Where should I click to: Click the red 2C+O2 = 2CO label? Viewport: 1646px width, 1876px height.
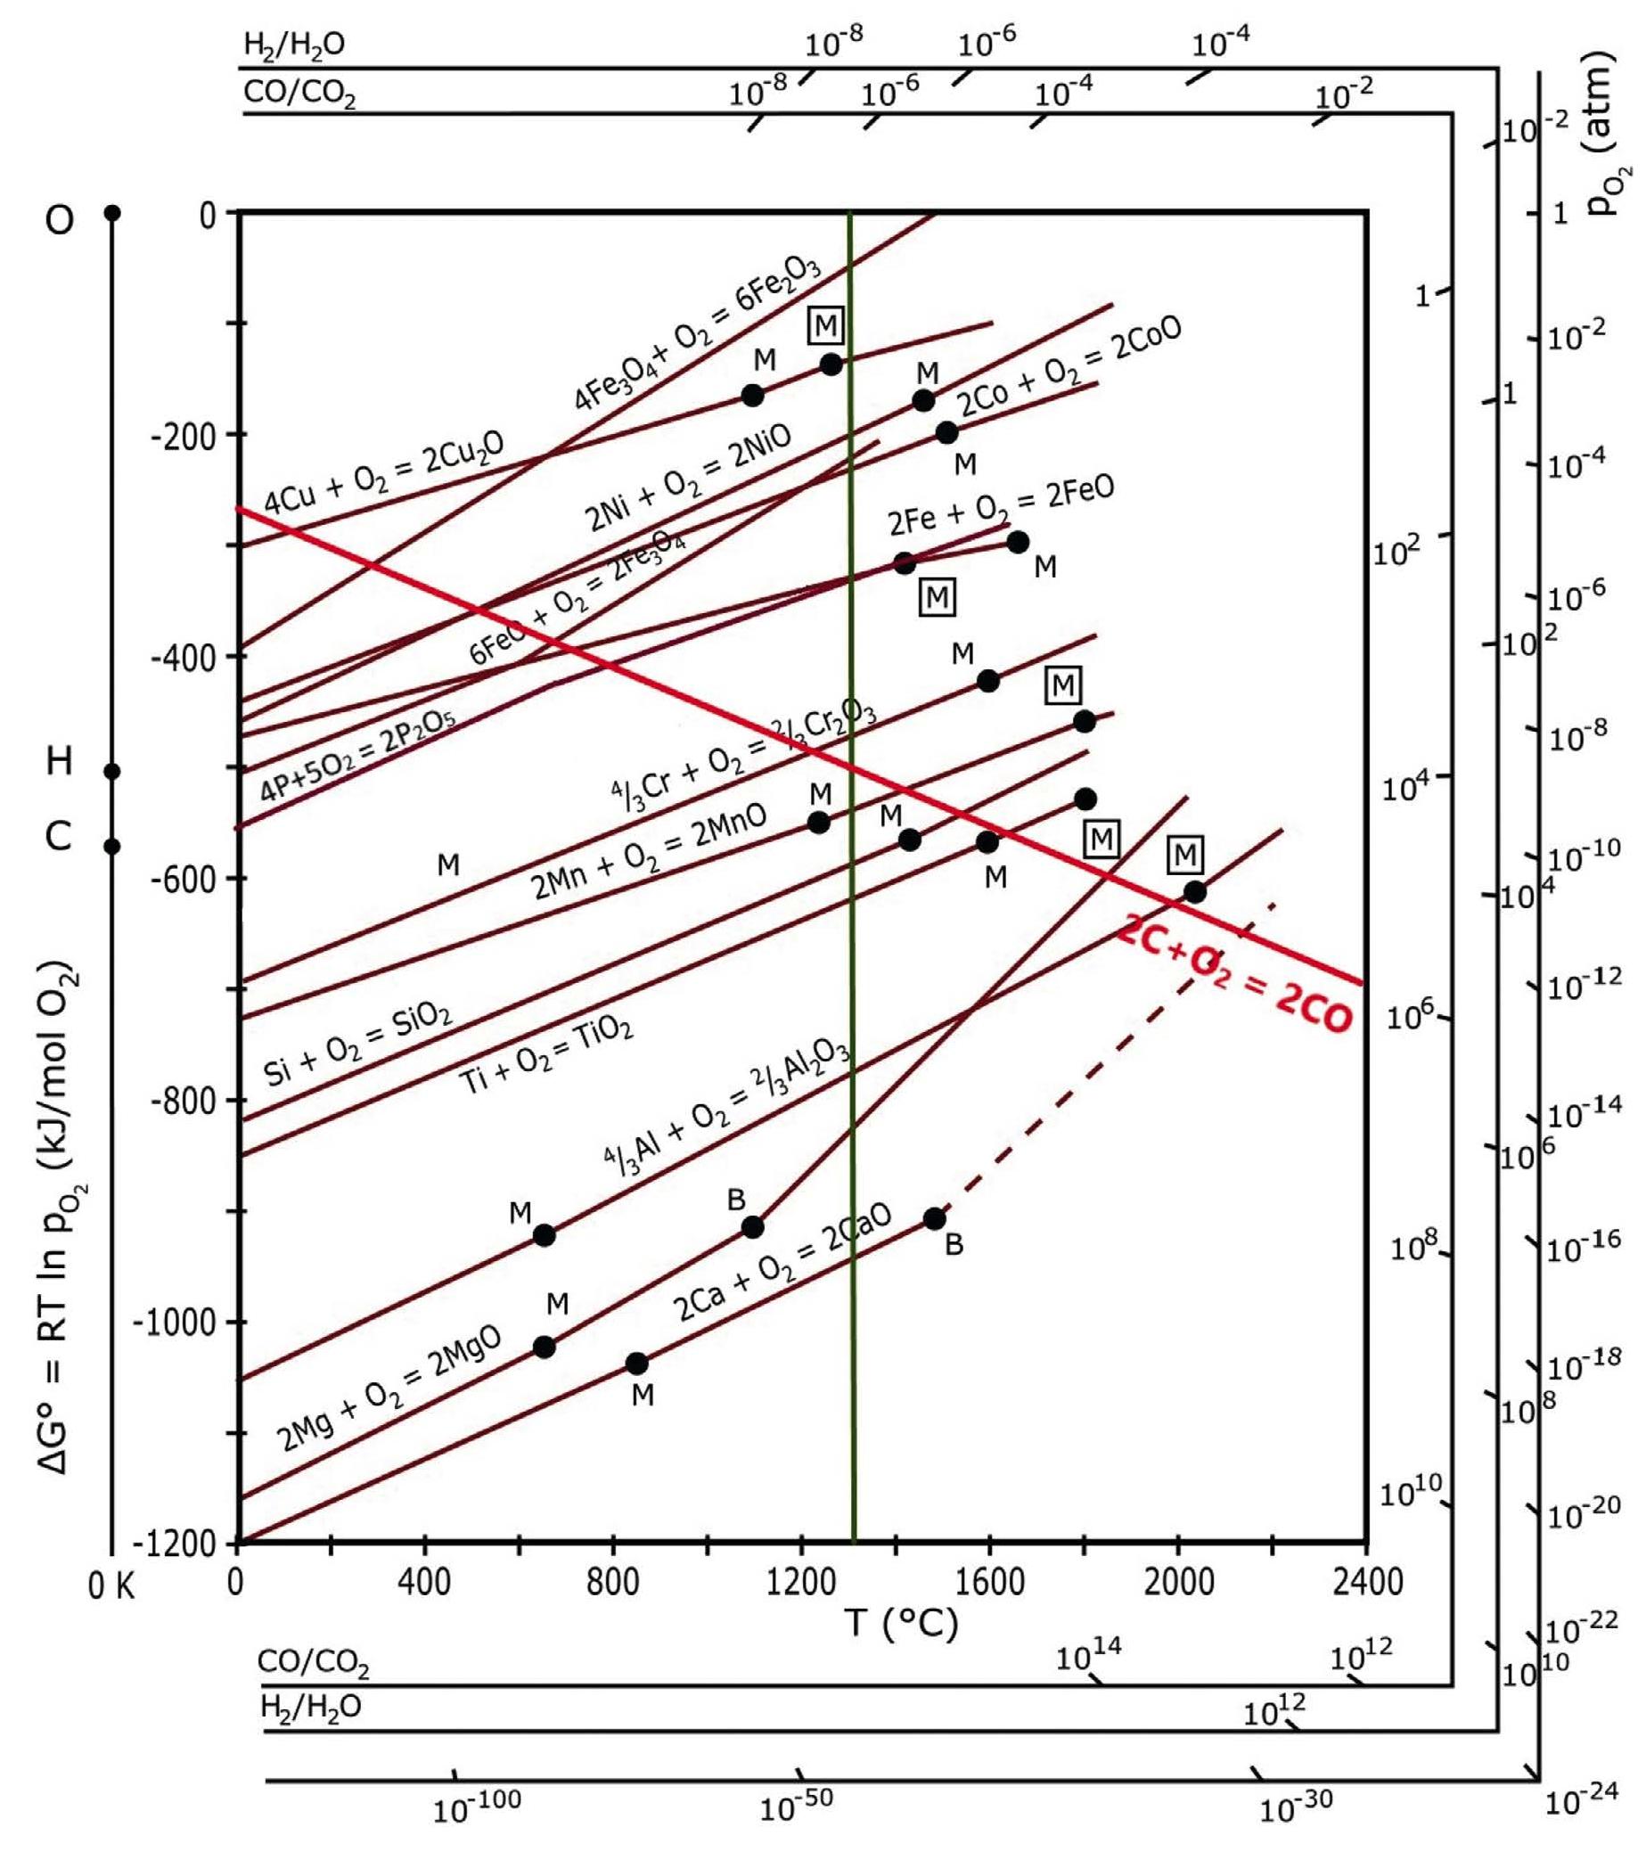click(1235, 977)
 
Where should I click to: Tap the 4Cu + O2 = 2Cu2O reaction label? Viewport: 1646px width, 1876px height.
click(384, 473)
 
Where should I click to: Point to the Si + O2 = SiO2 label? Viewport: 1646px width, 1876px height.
click(357, 1046)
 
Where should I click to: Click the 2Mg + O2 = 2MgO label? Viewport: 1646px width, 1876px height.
click(389, 1389)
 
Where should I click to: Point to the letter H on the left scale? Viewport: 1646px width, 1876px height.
click(59, 761)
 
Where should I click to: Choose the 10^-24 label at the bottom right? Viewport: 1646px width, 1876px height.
click(1581, 1801)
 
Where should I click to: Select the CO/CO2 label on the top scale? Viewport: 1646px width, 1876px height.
click(299, 93)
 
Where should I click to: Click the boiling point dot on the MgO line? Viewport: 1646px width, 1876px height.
click(752, 1227)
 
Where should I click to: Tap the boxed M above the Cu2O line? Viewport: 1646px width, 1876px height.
click(825, 325)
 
